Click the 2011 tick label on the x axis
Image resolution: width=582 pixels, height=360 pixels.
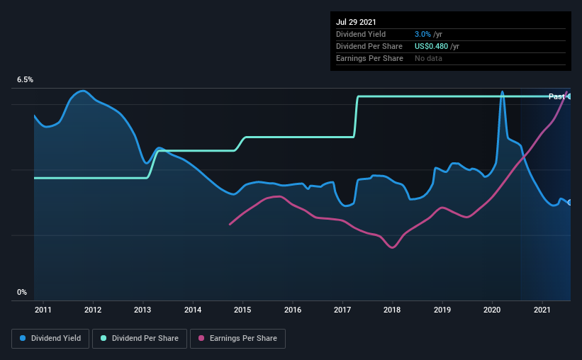coord(43,310)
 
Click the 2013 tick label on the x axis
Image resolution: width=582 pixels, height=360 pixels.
coord(142,310)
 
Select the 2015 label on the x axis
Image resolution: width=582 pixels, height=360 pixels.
coord(242,310)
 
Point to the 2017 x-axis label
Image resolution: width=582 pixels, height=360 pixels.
coord(342,310)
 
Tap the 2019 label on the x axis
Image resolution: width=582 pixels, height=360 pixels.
coord(442,310)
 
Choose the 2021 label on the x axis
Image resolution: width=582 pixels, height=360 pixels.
coord(542,310)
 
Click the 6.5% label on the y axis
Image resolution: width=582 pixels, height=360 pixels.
coord(25,80)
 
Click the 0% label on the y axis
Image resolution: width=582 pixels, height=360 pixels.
coord(22,292)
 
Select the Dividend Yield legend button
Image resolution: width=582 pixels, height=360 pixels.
coord(50,339)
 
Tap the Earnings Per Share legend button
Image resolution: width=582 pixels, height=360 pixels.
coord(237,339)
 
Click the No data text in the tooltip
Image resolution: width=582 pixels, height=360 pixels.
coord(428,58)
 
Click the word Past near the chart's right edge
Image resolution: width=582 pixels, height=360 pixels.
coord(556,96)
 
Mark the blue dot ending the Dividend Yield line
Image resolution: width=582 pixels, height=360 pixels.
coord(570,203)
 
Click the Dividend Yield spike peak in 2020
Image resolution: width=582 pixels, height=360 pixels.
coord(502,91)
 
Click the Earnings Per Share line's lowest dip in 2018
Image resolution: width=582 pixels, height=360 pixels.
coord(392,247)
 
